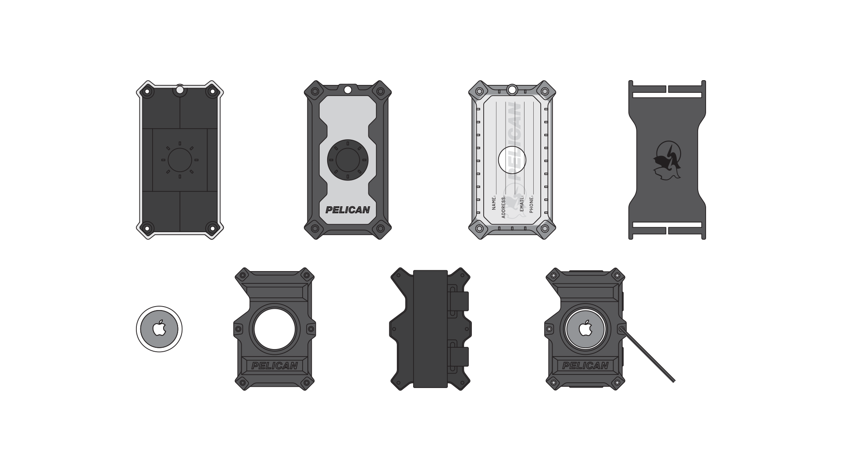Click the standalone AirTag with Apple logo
coord(159,329)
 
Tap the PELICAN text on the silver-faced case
coord(348,210)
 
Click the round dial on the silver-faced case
coord(348,160)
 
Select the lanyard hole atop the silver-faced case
coord(348,90)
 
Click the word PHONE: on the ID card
coord(532,204)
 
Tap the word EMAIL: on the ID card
coord(522,203)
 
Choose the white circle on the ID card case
coord(512,160)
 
